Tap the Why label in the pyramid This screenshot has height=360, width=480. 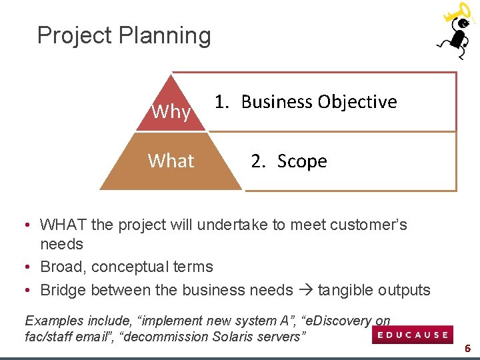pyautogui.click(x=171, y=111)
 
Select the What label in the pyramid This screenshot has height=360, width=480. pyautogui.click(x=171, y=161)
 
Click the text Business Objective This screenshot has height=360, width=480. pyautogui.click(x=319, y=102)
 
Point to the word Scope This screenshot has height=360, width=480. pyautogui.click(x=302, y=161)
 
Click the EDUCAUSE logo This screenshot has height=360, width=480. pyautogui.click(x=413, y=335)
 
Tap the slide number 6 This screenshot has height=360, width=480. pyautogui.click(x=468, y=348)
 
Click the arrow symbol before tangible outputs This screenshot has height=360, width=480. pyautogui.click(x=305, y=291)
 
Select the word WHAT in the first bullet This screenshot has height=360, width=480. pyautogui.click(x=63, y=225)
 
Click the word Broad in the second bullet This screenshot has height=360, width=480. pyautogui.click(x=62, y=267)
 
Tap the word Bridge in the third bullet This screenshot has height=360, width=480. pyautogui.click(x=63, y=290)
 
